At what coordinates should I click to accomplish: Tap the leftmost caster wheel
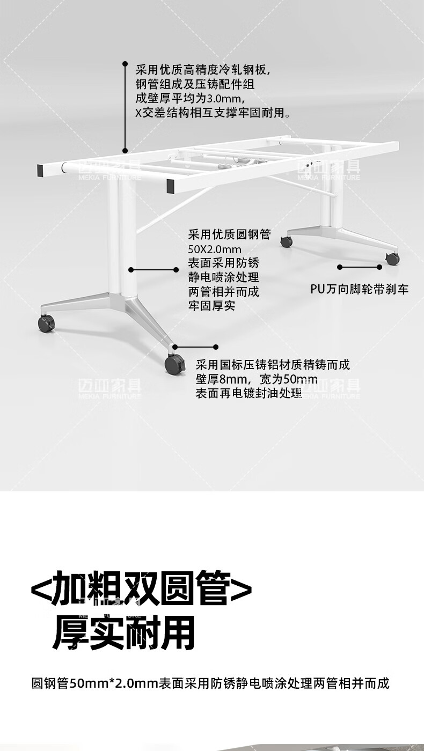click(46, 323)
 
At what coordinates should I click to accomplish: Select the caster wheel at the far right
click(393, 259)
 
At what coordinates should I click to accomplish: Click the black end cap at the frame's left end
click(41, 171)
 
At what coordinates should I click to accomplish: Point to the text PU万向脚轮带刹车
click(360, 290)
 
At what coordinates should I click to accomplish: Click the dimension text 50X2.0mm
click(215, 249)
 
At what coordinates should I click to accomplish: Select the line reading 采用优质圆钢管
click(229, 235)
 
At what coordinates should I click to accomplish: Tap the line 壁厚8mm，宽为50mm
click(250, 379)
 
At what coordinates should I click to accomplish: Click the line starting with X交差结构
click(213, 113)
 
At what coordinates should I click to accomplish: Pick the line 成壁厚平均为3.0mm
click(191, 99)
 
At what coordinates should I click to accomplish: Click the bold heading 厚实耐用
click(123, 633)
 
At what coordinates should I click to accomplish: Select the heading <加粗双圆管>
click(141, 588)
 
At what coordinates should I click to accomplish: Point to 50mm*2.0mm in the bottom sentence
click(113, 684)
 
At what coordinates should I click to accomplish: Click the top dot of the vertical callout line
click(125, 63)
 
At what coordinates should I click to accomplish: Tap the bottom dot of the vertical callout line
click(125, 151)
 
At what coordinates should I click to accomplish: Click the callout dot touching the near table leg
click(131, 270)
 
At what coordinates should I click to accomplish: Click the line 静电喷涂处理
click(223, 278)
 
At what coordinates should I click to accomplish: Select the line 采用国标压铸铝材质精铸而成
click(273, 365)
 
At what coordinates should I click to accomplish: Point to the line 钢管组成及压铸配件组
click(195, 84)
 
